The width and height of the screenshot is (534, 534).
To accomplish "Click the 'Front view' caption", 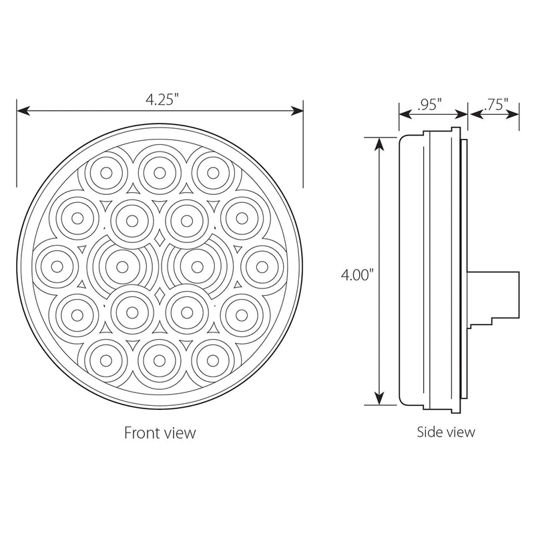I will (160, 433).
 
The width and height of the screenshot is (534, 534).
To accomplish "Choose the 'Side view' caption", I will (446, 432).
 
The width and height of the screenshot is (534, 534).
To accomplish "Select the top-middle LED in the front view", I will (159, 172).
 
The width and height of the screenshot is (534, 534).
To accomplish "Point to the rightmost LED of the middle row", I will (264, 265).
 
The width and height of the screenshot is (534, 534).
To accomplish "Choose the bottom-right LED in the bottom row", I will (212, 358).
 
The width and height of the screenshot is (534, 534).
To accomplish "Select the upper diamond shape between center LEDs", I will (158, 239).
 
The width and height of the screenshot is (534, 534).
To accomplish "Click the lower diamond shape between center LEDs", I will (158, 294).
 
